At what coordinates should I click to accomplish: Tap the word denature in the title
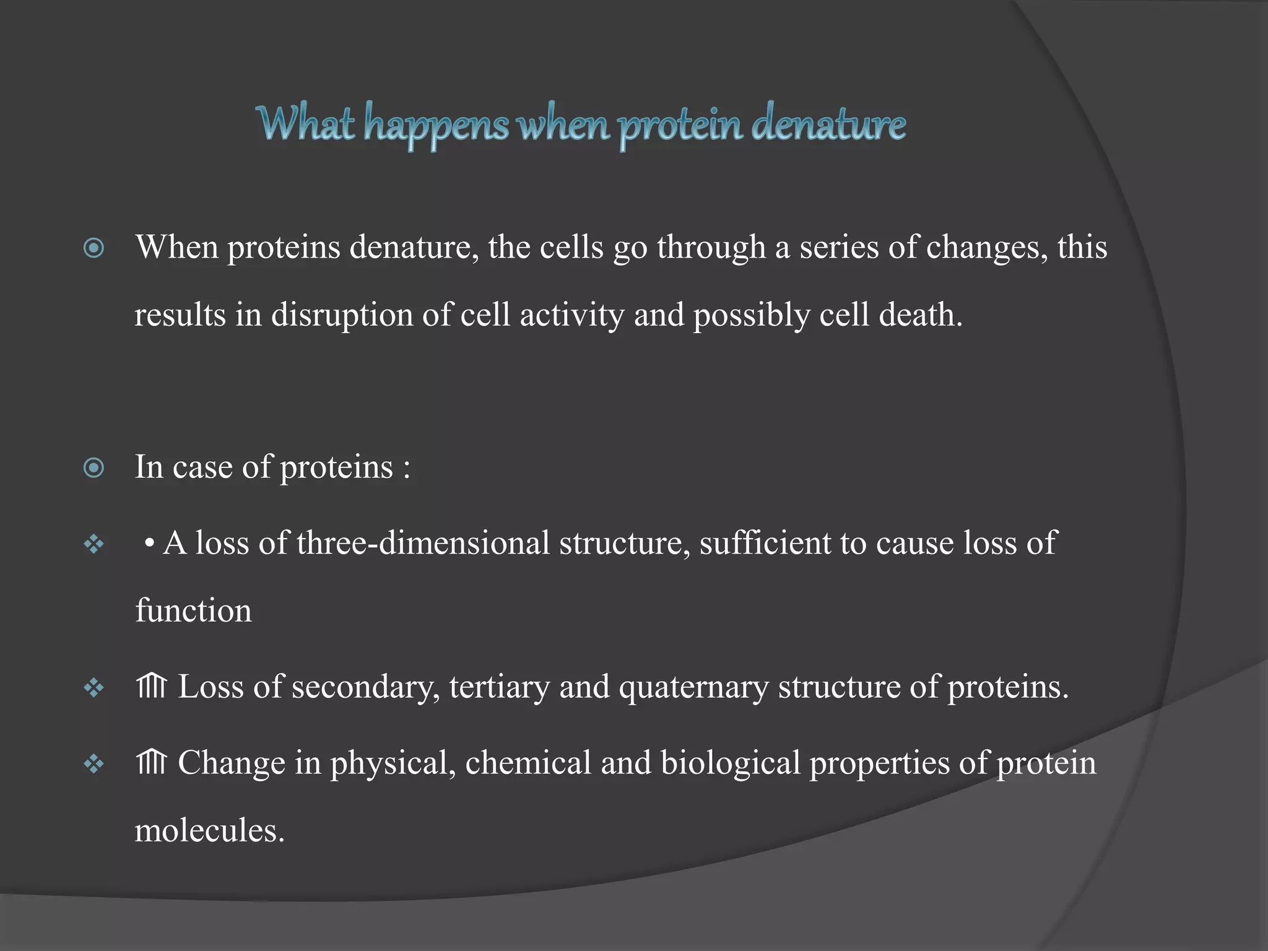(828, 124)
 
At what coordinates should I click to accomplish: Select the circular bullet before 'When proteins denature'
(93, 248)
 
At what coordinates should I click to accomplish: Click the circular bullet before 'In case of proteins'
(93, 468)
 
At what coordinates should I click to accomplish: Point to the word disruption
(342, 315)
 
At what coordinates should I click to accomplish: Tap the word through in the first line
(711, 248)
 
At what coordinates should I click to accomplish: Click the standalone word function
(193, 611)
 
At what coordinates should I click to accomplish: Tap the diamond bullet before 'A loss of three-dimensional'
(93, 545)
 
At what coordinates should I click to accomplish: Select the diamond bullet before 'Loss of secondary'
(93, 688)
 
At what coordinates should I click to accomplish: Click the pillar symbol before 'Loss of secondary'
(152, 687)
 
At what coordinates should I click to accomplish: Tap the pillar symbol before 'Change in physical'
(152, 763)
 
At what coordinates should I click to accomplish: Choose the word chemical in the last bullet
(528, 763)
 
